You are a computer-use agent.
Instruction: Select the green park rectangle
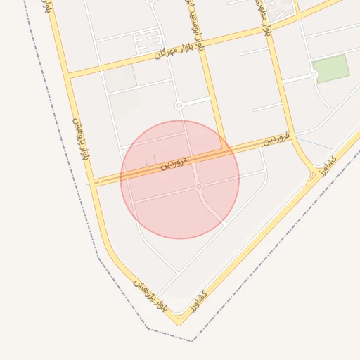tap(330, 68)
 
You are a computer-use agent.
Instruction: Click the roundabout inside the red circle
tap(199, 186)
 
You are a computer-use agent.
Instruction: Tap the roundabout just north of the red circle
tap(179, 105)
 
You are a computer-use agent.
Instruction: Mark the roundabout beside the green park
tap(314, 75)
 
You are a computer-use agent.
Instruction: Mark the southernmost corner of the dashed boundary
tap(192, 341)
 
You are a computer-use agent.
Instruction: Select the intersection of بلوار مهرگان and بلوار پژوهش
tap(69, 75)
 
